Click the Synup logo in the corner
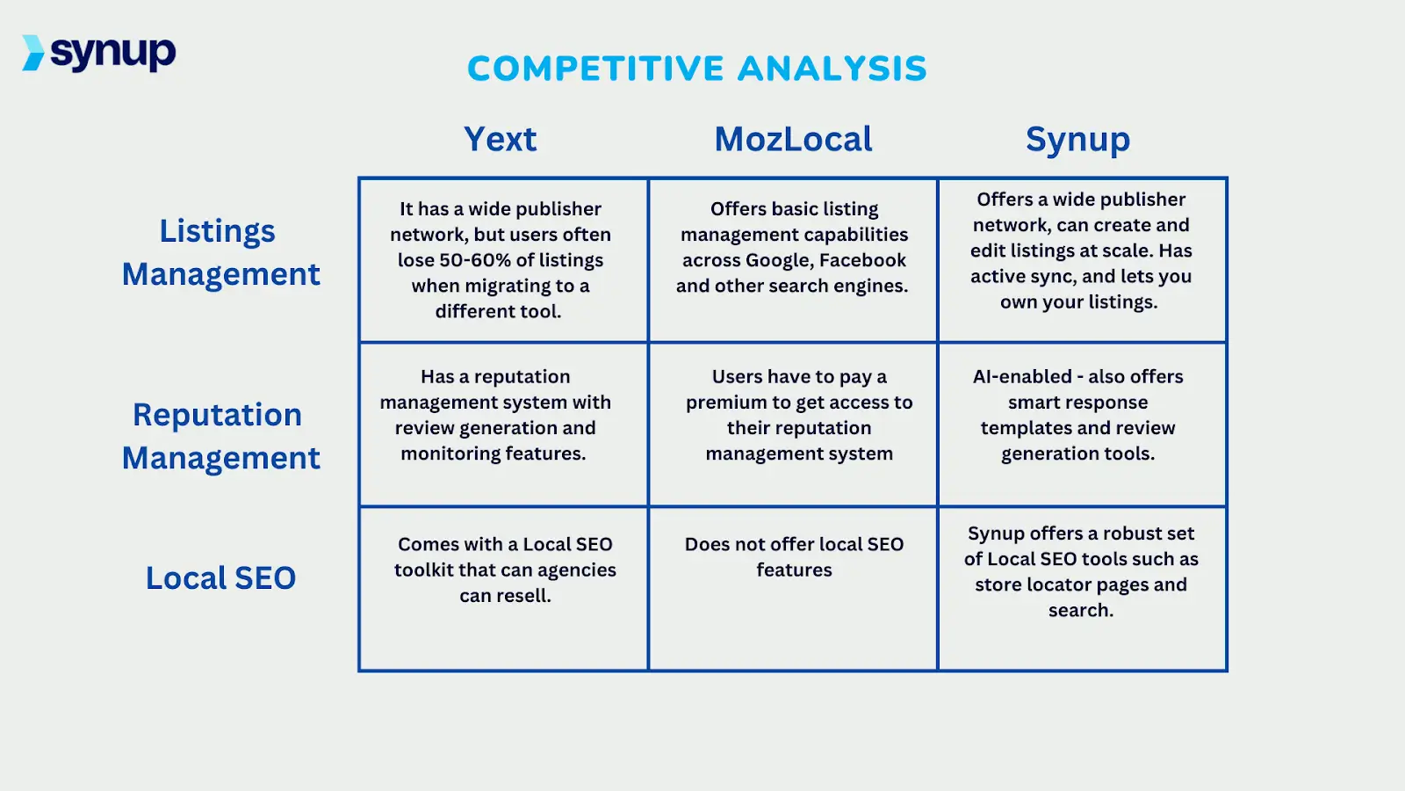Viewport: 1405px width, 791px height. (99, 54)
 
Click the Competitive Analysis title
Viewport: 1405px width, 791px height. (696, 69)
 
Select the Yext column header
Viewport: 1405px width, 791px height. (500, 139)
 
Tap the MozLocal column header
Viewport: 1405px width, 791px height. (793, 139)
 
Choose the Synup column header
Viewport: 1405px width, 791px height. (1077, 140)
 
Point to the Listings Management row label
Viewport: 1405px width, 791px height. (220, 252)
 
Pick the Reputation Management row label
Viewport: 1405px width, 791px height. (220, 436)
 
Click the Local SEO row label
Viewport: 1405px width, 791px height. (220, 577)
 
